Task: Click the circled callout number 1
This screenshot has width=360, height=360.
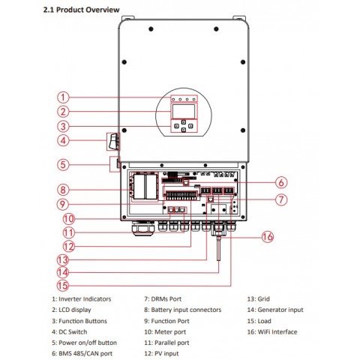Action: pyautogui.click(x=64, y=97)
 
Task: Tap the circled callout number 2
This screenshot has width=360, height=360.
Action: pyautogui.click(x=64, y=112)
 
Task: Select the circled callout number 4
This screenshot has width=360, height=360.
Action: pyautogui.click(x=64, y=140)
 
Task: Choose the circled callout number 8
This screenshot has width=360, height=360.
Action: pyautogui.click(x=64, y=190)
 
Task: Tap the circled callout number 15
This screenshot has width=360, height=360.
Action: pyautogui.click(x=64, y=285)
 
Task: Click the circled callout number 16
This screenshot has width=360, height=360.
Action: pyautogui.click(x=268, y=237)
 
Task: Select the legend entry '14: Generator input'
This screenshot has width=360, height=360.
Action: pyautogui.click(x=275, y=309)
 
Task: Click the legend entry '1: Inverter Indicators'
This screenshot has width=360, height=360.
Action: pyautogui.click(x=82, y=298)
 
